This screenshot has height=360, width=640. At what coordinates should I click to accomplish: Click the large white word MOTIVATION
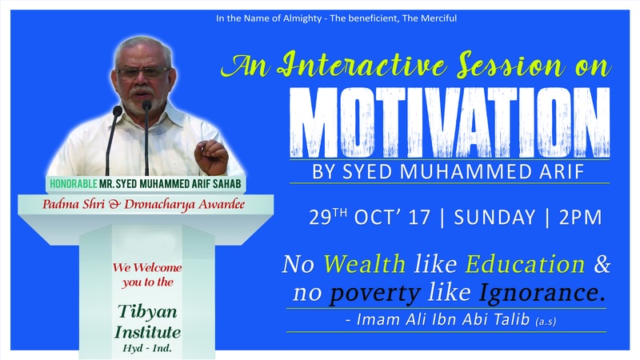(450, 122)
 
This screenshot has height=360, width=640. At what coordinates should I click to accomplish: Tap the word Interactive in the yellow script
(361, 66)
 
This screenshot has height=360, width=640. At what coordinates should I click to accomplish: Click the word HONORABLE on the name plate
(74, 184)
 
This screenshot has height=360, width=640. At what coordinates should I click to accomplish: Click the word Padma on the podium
(62, 204)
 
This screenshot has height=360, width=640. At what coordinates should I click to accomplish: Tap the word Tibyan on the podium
(147, 312)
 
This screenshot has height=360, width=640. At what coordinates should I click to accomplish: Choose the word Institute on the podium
(147, 332)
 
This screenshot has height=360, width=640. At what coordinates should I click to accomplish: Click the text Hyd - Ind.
(147, 348)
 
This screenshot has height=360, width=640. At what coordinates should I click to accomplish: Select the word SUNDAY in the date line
(494, 217)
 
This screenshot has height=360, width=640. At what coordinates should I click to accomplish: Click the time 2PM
(581, 217)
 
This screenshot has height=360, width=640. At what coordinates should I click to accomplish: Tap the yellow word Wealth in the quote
(365, 264)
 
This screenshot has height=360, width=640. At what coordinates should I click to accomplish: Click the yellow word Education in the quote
(525, 264)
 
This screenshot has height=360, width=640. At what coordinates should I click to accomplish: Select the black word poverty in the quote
(375, 294)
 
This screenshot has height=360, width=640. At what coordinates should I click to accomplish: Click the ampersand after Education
(602, 264)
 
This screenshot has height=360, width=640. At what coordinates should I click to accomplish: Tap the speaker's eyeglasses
(143, 73)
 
